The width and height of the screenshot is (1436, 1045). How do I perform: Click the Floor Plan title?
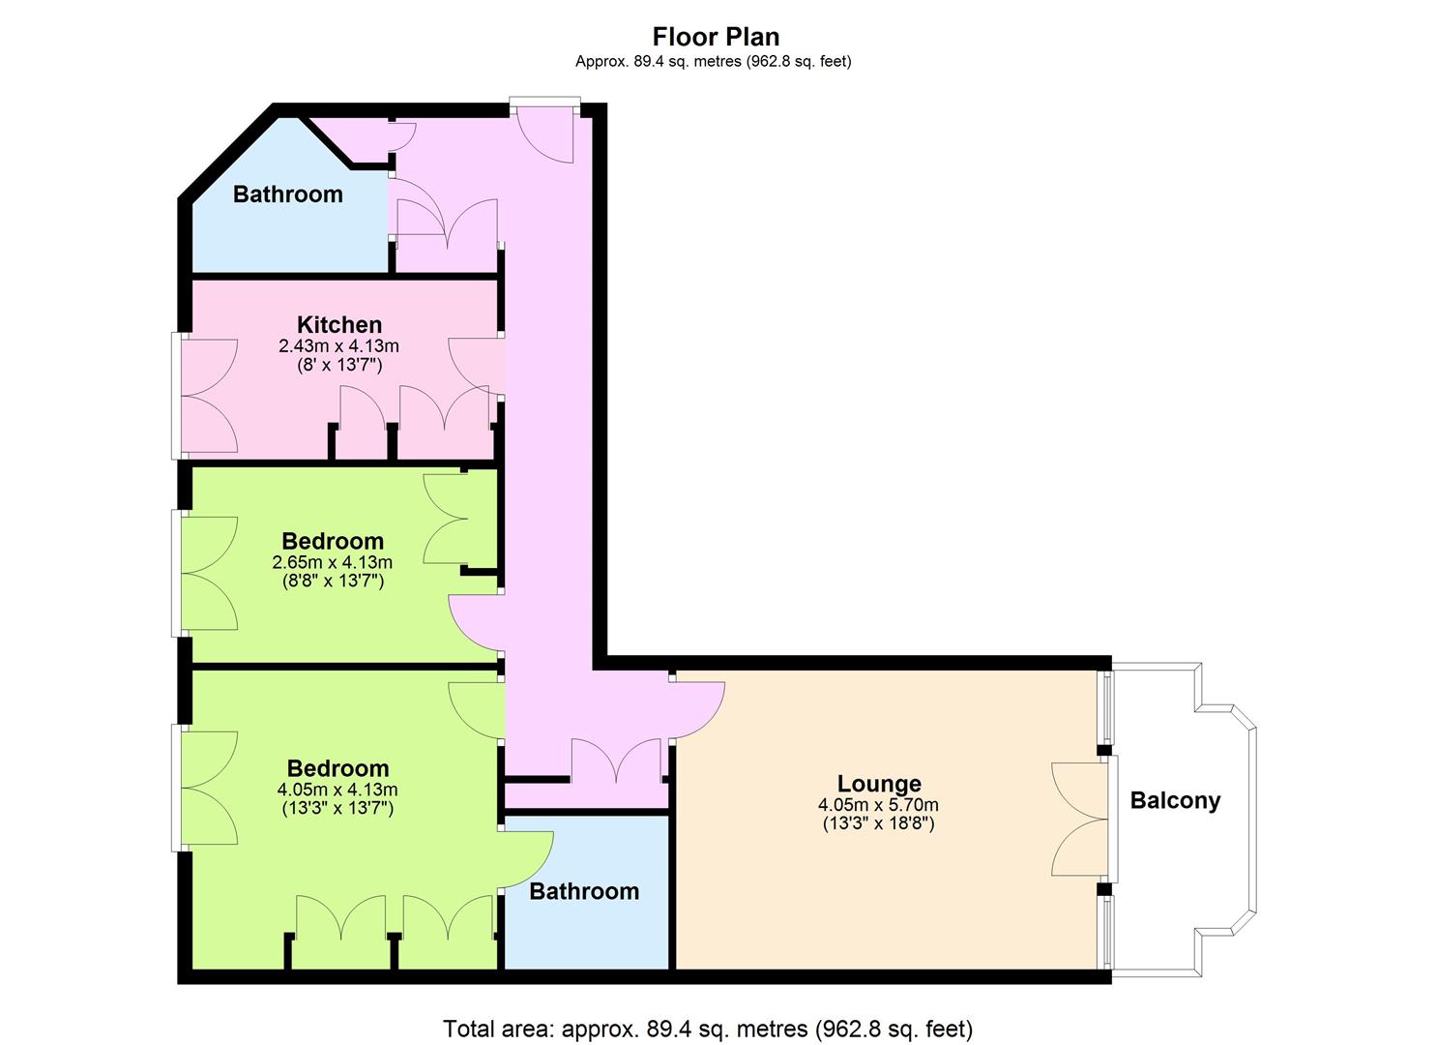(x=716, y=37)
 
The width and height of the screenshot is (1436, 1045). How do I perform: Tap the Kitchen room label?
(x=339, y=324)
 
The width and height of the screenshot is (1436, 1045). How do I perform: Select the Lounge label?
(x=879, y=784)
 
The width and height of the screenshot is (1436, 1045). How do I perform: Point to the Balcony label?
(x=1175, y=800)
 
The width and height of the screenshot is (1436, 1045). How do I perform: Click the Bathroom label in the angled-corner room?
(x=288, y=194)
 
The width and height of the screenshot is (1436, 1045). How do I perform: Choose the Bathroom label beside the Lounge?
(x=584, y=892)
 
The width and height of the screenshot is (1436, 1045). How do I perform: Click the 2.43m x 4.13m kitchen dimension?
(x=339, y=346)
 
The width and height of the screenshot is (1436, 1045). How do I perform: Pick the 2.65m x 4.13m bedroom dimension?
(x=333, y=562)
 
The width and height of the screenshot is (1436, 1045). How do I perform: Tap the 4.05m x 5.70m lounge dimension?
(x=878, y=804)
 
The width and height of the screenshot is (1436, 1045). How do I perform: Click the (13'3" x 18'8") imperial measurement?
(x=878, y=823)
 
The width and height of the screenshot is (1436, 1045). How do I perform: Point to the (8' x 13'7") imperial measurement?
(x=339, y=366)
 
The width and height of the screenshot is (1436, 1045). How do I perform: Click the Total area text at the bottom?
(x=709, y=1011)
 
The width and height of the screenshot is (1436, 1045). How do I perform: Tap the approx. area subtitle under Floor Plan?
(x=714, y=62)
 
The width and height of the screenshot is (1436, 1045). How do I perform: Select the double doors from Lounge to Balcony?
(x=1081, y=820)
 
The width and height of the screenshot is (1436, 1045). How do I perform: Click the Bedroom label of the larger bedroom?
(x=337, y=768)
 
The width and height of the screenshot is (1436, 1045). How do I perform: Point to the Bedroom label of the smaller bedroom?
(x=333, y=542)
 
